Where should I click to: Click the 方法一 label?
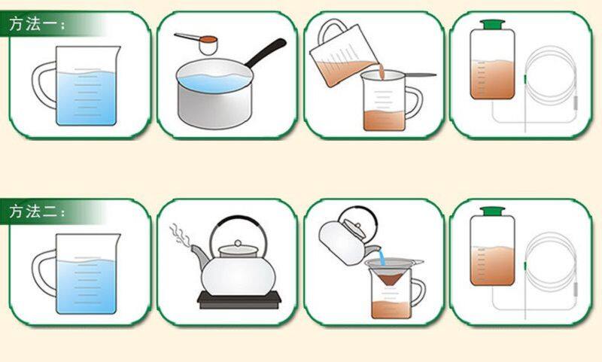pyautogui.click(x=37, y=24)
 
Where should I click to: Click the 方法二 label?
pyautogui.click(x=37, y=211)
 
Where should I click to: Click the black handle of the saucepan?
pyautogui.click(x=266, y=53)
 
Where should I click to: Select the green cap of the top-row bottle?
pyautogui.click(x=492, y=25)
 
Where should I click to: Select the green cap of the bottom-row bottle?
pyautogui.click(x=492, y=211)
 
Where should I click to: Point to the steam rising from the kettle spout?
pyautogui.click(x=180, y=235)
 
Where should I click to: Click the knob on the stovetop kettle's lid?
pyautogui.click(x=238, y=243)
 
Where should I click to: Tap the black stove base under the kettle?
pyautogui.click(x=239, y=300)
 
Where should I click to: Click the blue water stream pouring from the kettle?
pyautogui.click(x=382, y=257)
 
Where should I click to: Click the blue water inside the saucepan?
pyautogui.click(x=214, y=83)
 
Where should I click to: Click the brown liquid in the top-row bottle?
pyautogui.click(x=492, y=79)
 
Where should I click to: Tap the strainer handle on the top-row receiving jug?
pyautogui.click(x=421, y=75)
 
